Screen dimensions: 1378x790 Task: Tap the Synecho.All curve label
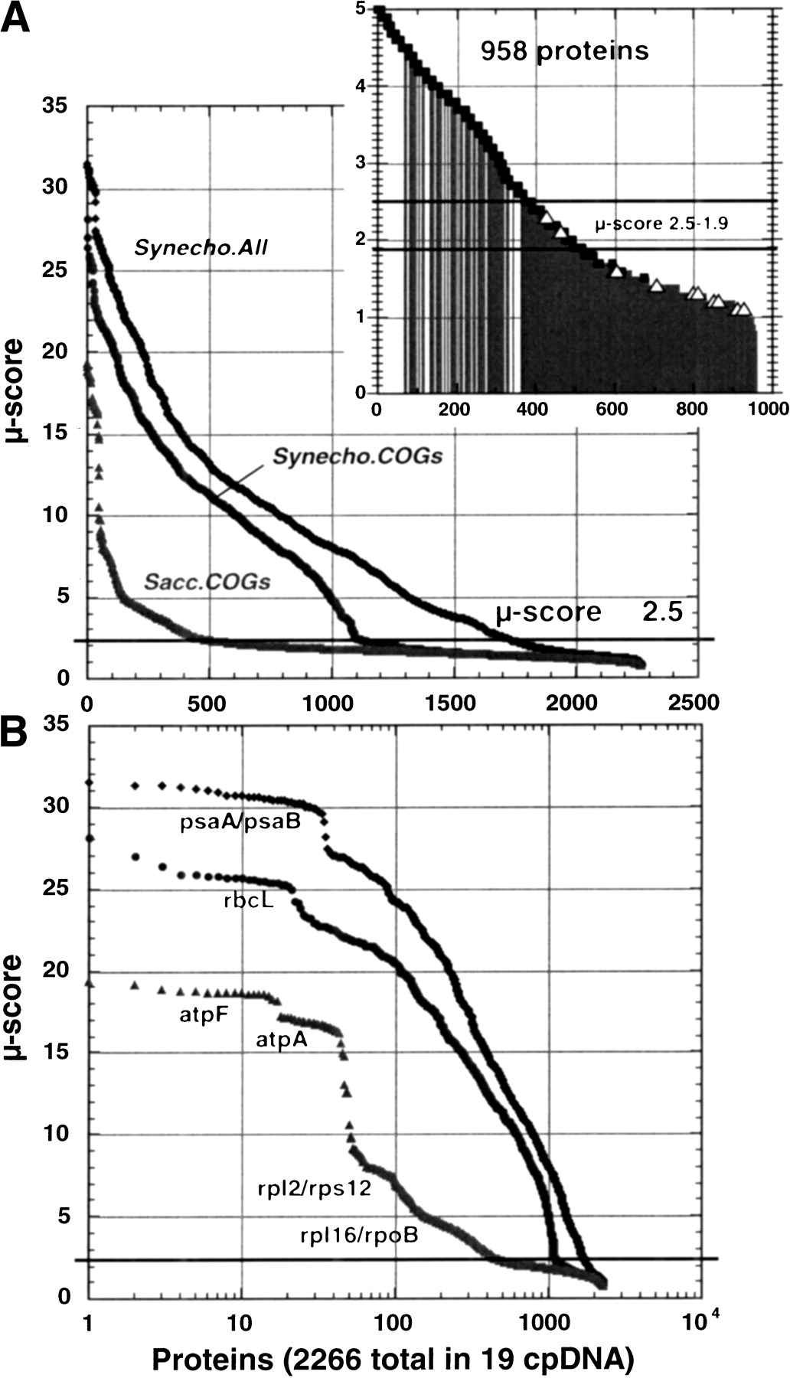(201, 248)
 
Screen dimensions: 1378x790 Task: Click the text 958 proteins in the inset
(564, 51)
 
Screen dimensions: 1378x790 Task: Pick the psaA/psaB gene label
(240, 823)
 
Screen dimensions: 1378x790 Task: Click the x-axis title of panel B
(392, 1359)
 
